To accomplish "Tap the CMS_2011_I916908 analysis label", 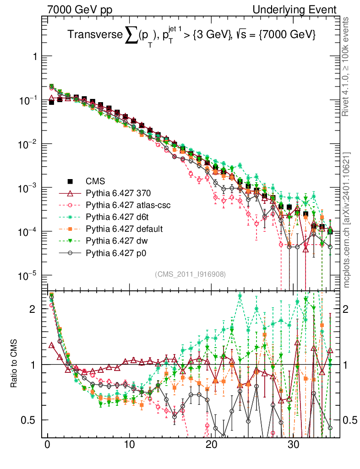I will [190, 274].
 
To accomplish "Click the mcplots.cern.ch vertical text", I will [347, 220].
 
